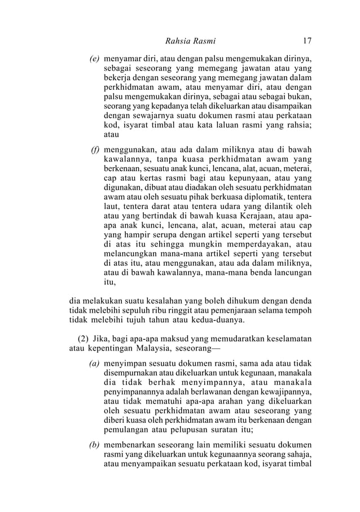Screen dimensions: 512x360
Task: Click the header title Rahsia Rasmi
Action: coord(190,41)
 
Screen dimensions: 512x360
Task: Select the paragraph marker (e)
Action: coord(94,58)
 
